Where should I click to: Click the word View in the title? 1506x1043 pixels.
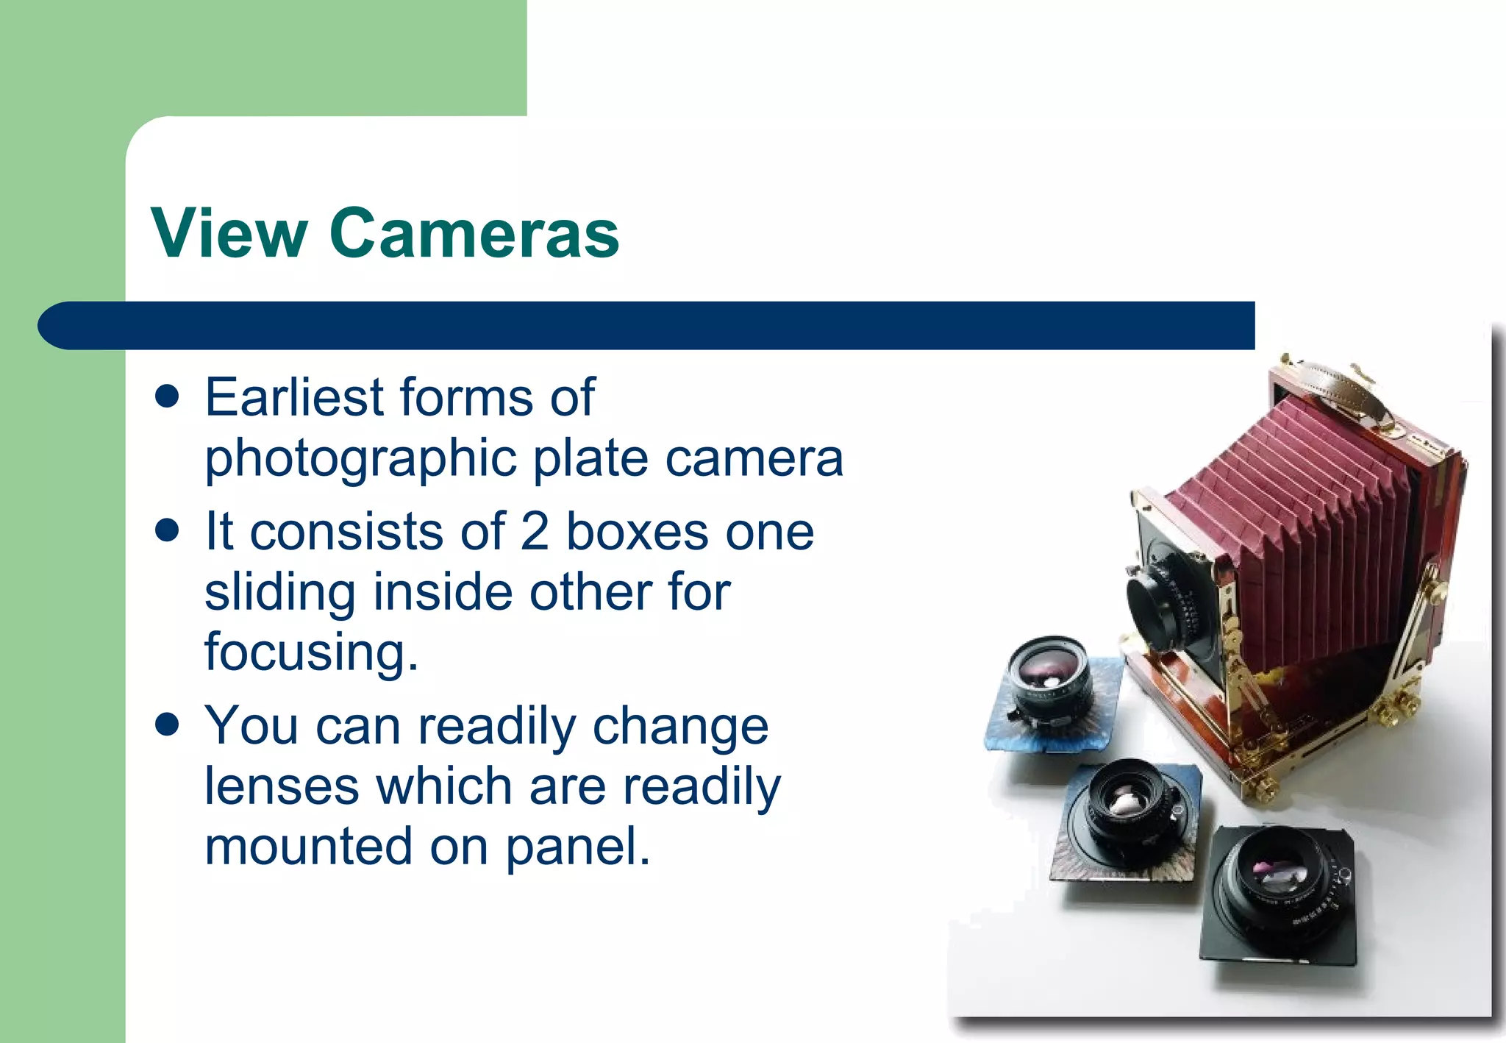tap(229, 233)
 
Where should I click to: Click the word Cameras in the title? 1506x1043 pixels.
tap(474, 233)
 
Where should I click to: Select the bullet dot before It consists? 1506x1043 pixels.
tap(168, 530)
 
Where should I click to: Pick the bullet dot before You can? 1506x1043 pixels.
tap(168, 725)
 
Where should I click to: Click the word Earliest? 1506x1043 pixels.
tap(294, 397)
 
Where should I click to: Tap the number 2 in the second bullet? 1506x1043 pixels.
tap(535, 531)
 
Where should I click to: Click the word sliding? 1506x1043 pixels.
tap(280, 593)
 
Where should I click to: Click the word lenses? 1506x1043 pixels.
tap(282, 786)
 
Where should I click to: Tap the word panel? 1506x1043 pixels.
tap(577, 847)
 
